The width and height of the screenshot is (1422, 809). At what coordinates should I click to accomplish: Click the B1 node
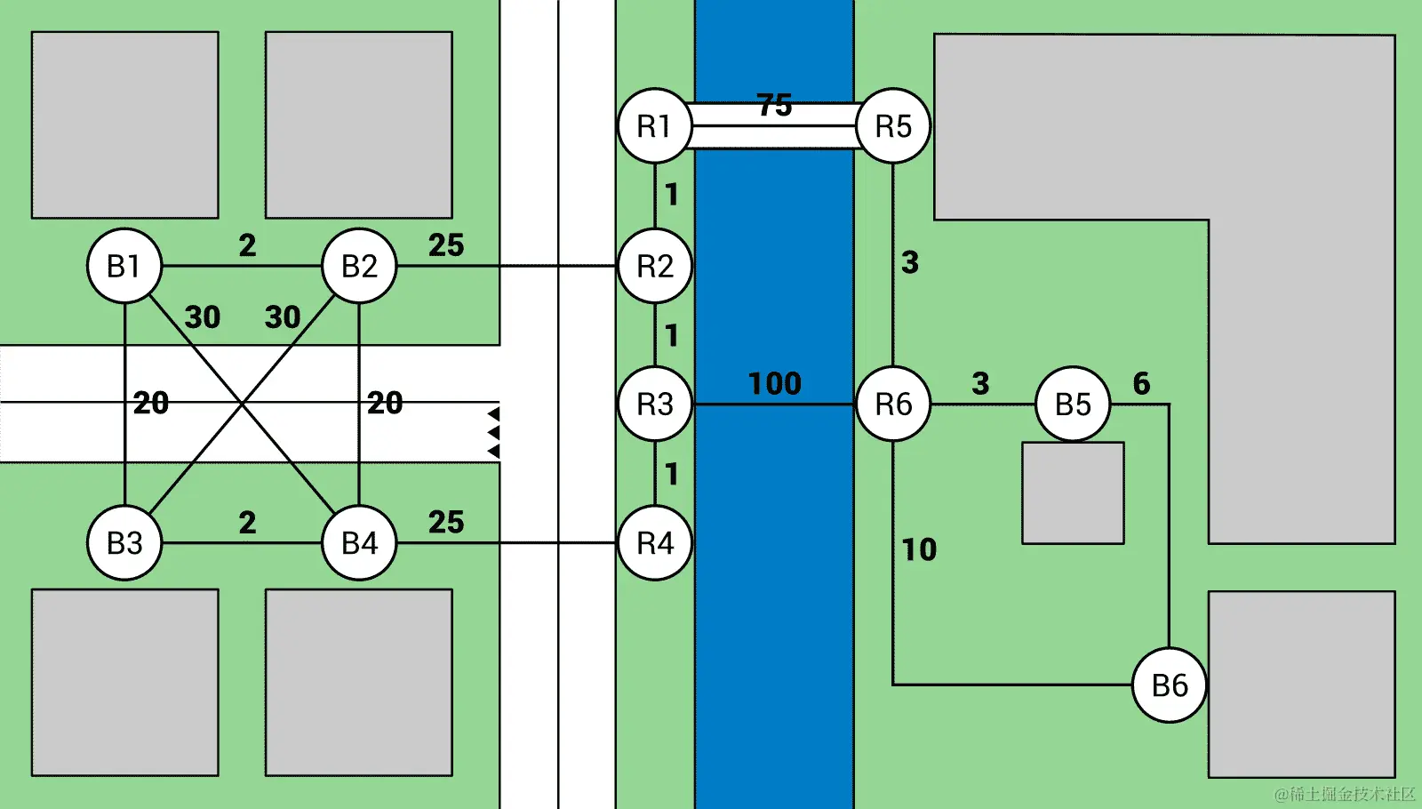[x=124, y=266]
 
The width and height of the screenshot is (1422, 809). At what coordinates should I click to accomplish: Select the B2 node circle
[x=359, y=266]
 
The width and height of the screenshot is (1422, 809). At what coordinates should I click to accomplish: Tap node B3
[x=124, y=542]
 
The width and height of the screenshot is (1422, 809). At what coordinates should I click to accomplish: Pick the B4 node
[x=359, y=542]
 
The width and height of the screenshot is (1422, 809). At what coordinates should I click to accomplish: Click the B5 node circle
[x=1073, y=404]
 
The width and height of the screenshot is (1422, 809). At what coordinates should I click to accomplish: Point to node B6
[x=1170, y=685]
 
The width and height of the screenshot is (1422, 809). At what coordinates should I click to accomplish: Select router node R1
[x=655, y=126]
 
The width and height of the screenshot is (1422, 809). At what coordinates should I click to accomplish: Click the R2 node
[x=655, y=266]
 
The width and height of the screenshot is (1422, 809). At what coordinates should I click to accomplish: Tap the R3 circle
[x=655, y=404]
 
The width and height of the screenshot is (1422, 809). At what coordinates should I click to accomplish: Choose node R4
[x=655, y=542]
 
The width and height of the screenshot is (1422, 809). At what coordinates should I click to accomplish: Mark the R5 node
[x=893, y=126]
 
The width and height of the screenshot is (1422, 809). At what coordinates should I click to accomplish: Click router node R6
[x=893, y=404]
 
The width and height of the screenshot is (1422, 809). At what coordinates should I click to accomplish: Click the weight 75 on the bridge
[x=774, y=105]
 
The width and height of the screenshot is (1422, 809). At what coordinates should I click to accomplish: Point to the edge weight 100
[x=774, y=383]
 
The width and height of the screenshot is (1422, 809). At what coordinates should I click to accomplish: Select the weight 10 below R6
[x=919, y=549]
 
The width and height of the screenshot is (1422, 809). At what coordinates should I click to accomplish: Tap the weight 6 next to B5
[x=1141, y=383]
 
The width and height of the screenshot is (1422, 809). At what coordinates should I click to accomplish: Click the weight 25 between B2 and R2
[x=446, y=244]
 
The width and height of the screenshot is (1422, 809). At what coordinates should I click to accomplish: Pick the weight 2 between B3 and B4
[x=247, y=522]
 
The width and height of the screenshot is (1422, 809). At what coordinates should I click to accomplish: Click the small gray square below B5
[x=1073, y=493]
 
